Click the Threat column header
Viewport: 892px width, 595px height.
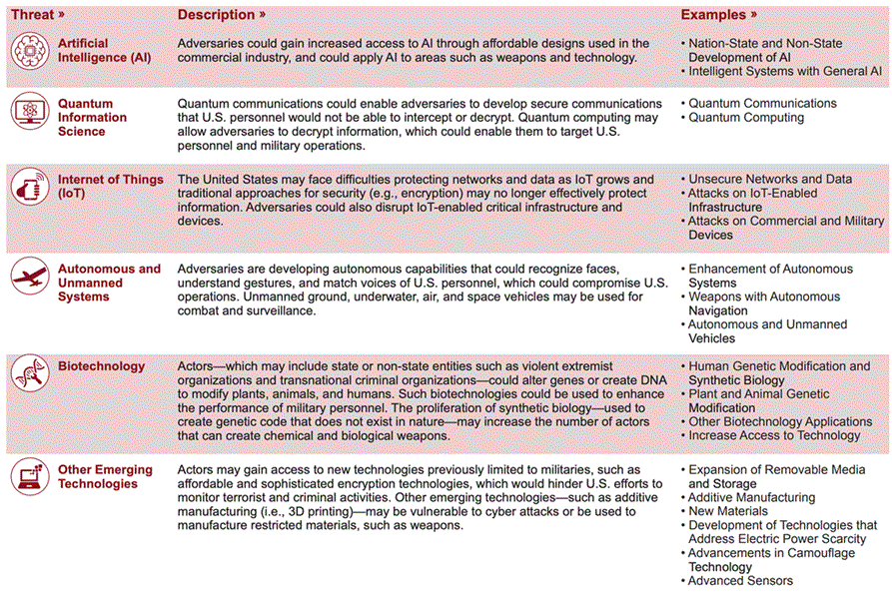click(38, 15)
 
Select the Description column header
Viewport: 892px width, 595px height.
click(221, 15)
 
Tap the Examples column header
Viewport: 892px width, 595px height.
click(718, 15)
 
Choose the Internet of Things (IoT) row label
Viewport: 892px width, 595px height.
click(110, 186)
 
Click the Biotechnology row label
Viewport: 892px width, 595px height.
click(101, 366)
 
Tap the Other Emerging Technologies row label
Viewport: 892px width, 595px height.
click(105, 477)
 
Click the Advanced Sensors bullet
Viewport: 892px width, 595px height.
click(740, 581)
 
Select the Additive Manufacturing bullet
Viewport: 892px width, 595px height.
click(751, 497)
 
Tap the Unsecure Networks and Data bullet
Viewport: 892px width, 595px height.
click(769, 179)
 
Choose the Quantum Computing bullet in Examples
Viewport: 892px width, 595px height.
click(745, 118)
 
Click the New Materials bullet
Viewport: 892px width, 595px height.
click(728, 511)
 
